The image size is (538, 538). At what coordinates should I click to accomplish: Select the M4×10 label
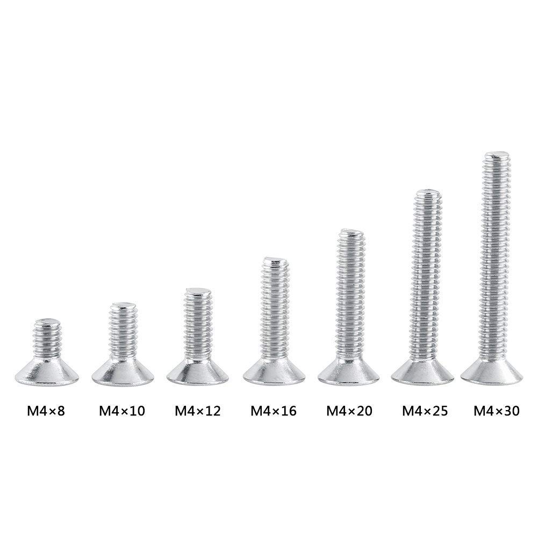pos(122,412)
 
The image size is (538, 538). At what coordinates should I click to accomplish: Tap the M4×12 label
pos(198,412)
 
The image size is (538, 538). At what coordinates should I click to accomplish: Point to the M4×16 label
pos(273,412)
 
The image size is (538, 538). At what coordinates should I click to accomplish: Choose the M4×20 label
pos(349,412)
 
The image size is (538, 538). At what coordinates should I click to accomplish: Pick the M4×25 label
pos(425,412)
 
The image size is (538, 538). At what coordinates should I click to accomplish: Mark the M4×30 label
pos(496,412)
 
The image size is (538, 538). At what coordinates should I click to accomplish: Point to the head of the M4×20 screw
pos(350,370)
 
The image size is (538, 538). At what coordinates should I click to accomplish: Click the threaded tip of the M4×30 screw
pos(498,157)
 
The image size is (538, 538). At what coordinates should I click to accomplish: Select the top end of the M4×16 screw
pos(276,262)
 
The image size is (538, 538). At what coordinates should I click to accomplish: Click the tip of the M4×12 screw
pos(199,291)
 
